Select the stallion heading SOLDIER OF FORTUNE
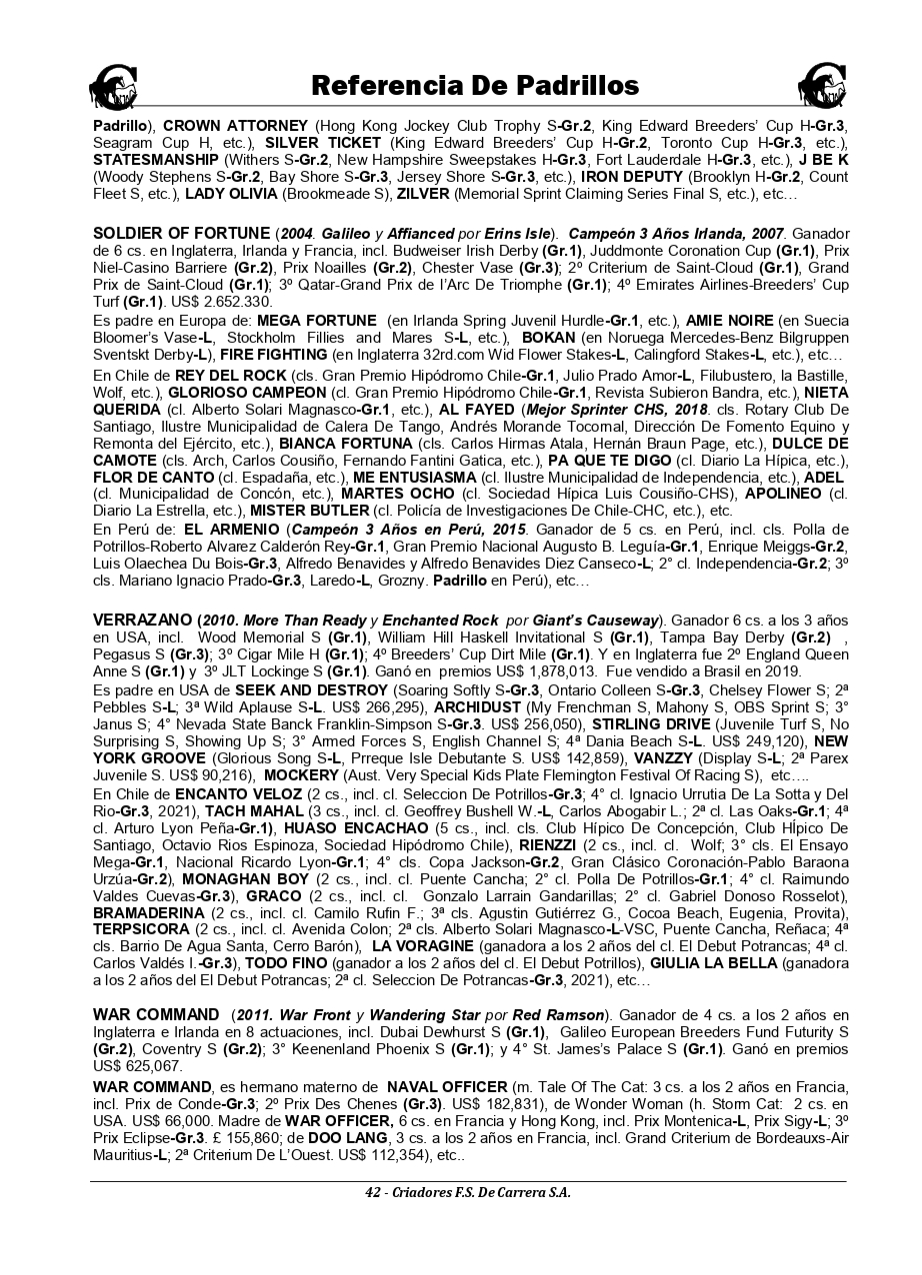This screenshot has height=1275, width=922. tap(181, 234)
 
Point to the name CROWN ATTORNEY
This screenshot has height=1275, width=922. tap(235, 127)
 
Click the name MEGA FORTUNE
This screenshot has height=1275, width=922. tap(317, 321)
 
